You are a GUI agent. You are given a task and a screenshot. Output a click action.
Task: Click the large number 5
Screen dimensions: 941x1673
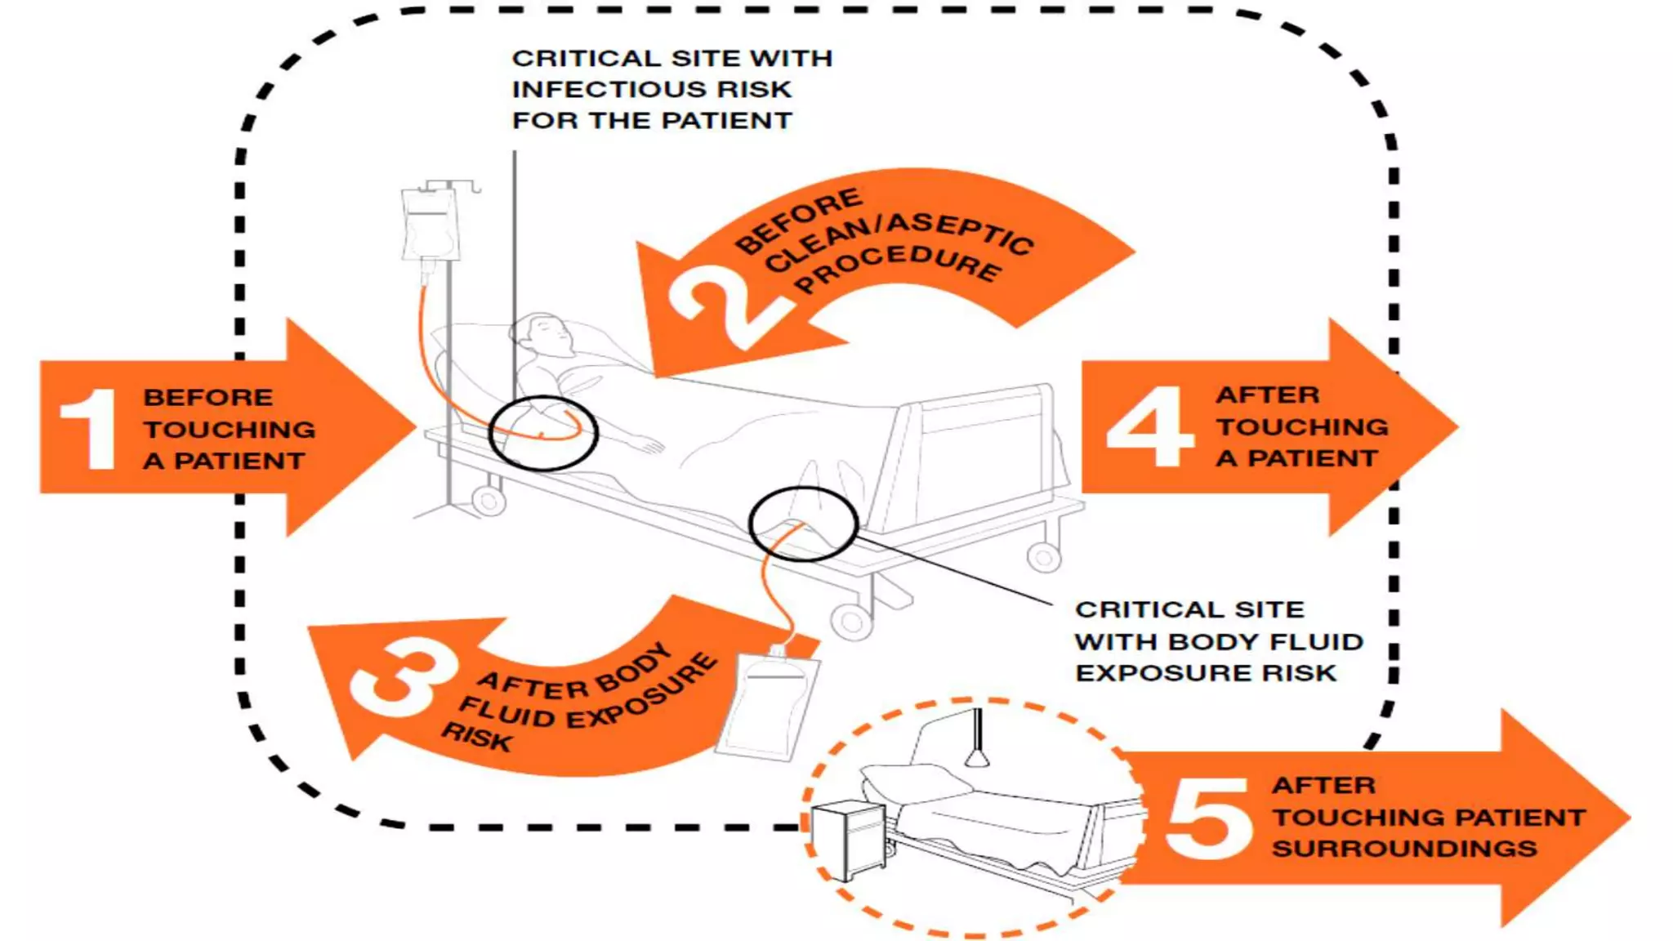click(x=1207, y=817)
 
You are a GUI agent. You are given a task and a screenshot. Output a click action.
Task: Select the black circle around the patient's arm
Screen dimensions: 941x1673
click(x=542, y=433)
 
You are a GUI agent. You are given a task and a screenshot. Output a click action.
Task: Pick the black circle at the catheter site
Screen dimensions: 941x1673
click(x=803, y=524)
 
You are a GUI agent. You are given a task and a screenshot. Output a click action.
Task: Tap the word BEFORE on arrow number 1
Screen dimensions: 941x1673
click(x=207, y=398)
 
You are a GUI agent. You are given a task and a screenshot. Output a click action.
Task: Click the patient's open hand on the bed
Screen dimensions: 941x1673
click(x=649, y=446)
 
